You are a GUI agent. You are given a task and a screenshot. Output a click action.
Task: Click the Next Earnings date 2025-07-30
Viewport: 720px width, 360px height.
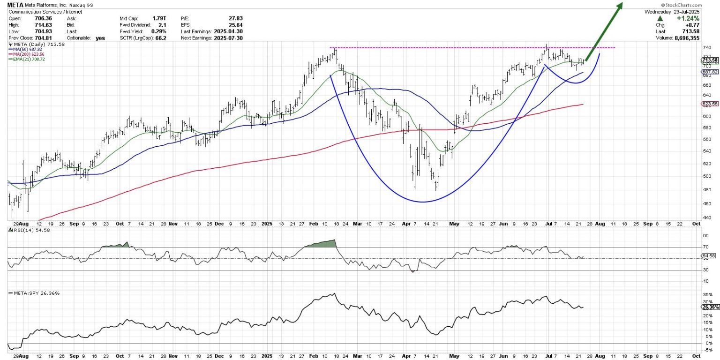pyautogui.click(x=227, y=38)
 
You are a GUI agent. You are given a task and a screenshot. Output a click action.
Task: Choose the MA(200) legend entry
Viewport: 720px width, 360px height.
pyautogui.click(x=26, y=54)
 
